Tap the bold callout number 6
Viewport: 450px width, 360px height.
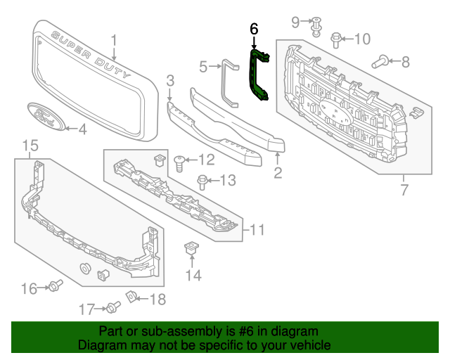click(254, 29)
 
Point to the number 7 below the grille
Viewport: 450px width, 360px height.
click(404, 189)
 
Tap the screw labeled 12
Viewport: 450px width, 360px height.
click(179, 162)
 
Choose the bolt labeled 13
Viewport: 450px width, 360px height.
click(202, 181)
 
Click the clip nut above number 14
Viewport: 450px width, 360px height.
click(189, 248)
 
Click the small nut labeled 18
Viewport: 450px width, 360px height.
click(131, 299)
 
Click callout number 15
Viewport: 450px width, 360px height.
click(30, 146)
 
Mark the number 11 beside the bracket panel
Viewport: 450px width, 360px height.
click(257, 229)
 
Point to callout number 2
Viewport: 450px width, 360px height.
click(278, 172)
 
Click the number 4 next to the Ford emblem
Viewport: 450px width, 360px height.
click(82, 129)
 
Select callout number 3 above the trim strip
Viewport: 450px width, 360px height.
click(170, 83)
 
